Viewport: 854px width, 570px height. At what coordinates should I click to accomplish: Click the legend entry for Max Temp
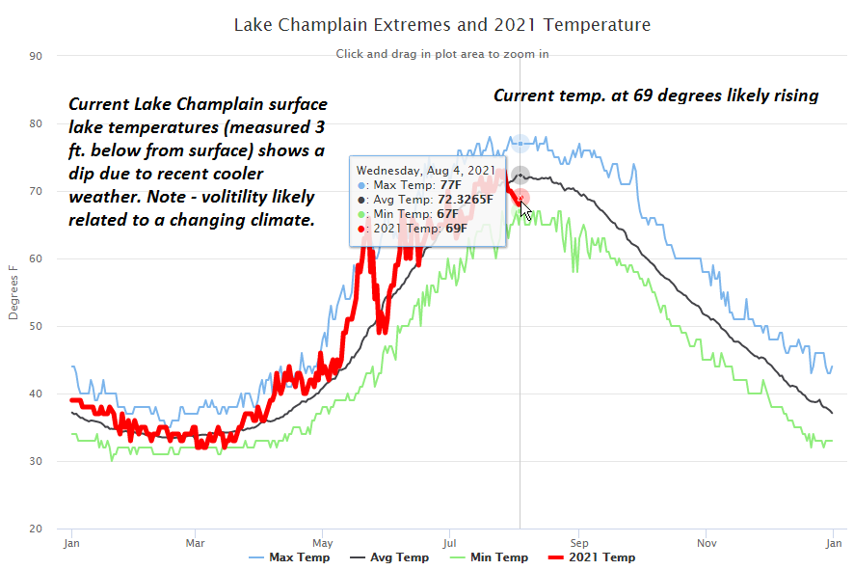coord(299,557)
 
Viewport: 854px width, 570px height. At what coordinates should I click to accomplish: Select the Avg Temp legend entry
coord(399,557)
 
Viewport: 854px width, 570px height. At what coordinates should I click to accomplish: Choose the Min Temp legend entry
coord(499,557)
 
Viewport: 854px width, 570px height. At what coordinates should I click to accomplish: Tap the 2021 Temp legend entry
coord(601,557)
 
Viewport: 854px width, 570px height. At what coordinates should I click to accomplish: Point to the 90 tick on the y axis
coord(36,56)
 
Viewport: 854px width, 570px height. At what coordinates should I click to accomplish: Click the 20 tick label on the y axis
coord(36,529)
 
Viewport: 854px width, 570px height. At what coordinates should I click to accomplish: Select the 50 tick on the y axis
coord(36,326)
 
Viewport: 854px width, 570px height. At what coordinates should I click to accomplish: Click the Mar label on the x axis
coord(196,543)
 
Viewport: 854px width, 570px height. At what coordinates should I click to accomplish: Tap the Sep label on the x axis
coord(578,543)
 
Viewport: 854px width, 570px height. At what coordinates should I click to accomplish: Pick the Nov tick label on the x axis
coord(707,543)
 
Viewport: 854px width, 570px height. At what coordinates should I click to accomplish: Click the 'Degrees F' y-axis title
coord(13,292)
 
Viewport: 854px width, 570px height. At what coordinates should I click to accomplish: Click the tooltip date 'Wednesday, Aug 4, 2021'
coord(425,170)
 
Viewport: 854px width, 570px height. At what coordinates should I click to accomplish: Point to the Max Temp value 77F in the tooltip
coord(450,185)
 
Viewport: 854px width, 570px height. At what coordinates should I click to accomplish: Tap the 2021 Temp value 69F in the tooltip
coord(455,229)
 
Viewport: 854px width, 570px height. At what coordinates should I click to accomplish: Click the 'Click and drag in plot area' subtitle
coord(442,54)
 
